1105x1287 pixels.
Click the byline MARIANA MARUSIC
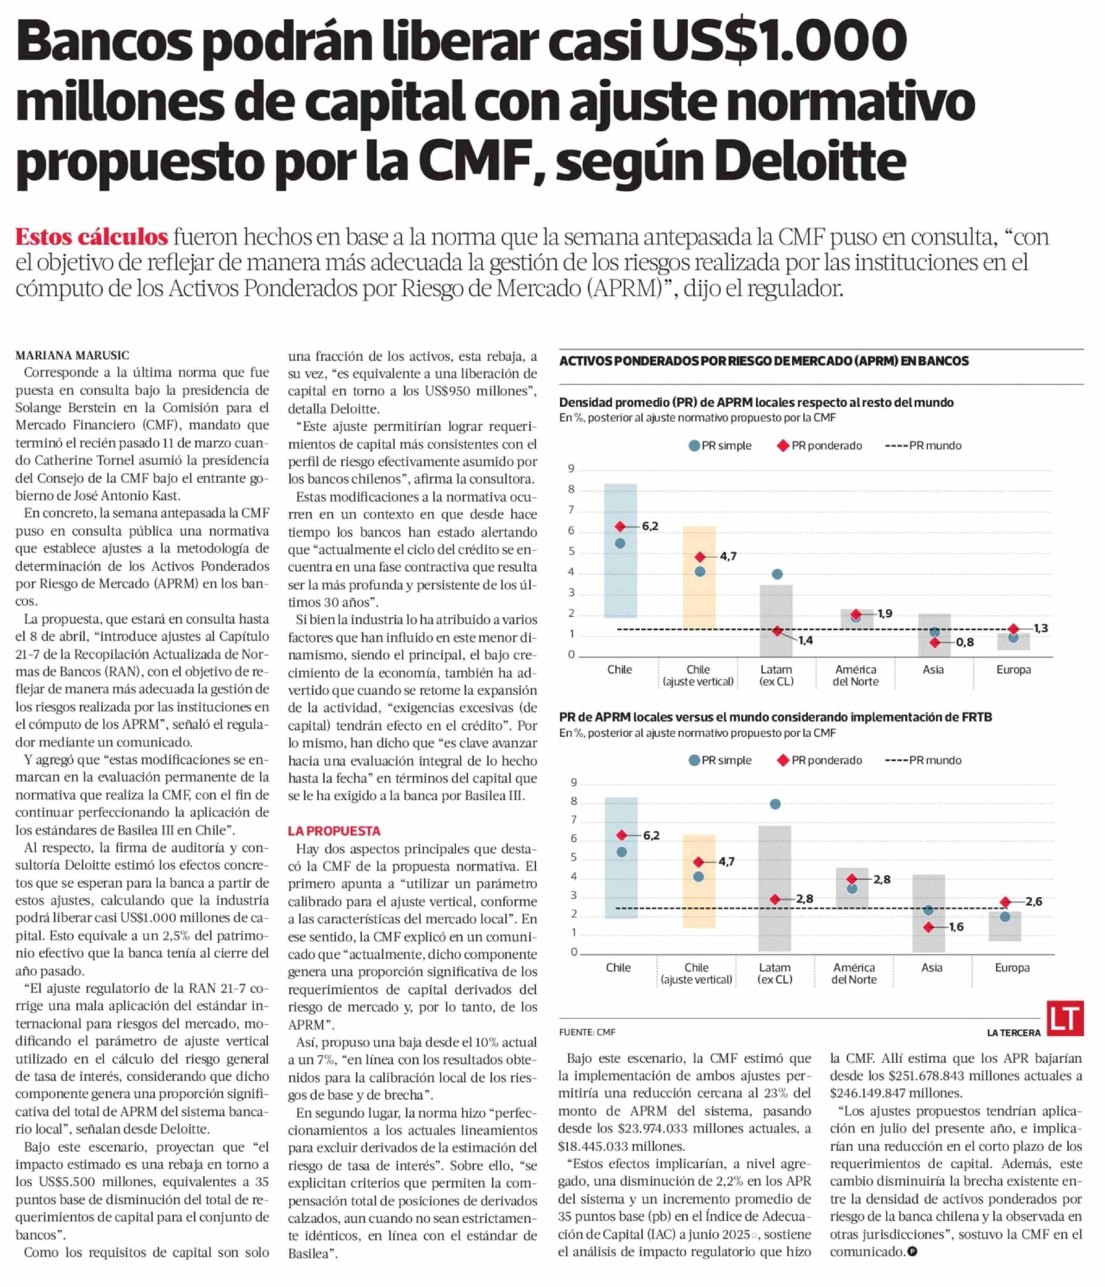point(73,355)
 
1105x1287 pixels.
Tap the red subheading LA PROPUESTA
point(334,831)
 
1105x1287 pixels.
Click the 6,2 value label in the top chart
point(650,526)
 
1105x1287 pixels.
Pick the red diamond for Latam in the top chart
point(777,631)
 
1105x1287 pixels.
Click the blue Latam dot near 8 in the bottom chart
point(775,804)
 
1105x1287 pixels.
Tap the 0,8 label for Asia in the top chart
point(965,642)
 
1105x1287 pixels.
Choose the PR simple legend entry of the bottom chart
point(720,760)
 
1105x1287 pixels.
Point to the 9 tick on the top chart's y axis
point(571,469)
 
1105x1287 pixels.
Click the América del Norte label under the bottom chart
point(854,973)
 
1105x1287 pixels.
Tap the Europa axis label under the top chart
point(1013,670)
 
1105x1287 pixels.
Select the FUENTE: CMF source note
point(587,1032)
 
